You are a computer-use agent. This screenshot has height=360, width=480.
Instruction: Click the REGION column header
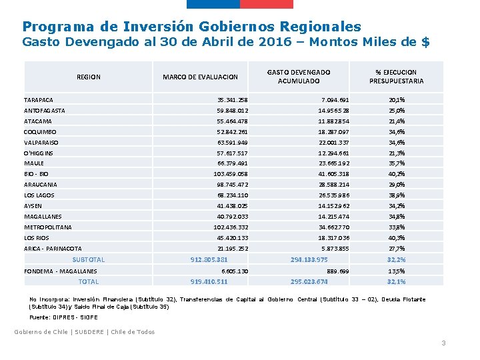click(89, 77)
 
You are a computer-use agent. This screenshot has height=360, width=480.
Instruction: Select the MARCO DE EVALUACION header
click(201, 77)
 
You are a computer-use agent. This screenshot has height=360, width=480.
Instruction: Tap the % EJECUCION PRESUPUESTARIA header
click(396, 77)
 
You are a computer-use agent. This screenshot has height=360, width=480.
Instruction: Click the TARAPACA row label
click(39, 99)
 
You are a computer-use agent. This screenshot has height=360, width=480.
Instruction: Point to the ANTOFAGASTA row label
click(45, 110)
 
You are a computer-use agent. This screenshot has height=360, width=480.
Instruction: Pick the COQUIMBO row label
click(41, 131)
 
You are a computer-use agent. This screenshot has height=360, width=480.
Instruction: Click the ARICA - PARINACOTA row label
click(53, 249)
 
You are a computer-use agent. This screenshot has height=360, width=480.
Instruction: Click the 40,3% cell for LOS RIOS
click(396, 238)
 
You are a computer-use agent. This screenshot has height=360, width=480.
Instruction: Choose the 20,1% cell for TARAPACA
click(396, 99)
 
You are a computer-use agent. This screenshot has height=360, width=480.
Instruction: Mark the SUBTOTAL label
click(88, 259)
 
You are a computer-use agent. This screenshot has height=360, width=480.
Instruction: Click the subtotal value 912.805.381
click(209, 259)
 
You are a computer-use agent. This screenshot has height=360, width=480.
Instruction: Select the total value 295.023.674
click(309, 281)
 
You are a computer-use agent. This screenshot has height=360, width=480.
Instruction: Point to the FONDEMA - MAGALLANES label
click(61, 271)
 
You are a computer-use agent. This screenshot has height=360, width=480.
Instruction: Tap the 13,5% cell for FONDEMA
click(396, 271)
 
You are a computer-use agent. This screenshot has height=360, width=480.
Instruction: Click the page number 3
click(443, 343)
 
